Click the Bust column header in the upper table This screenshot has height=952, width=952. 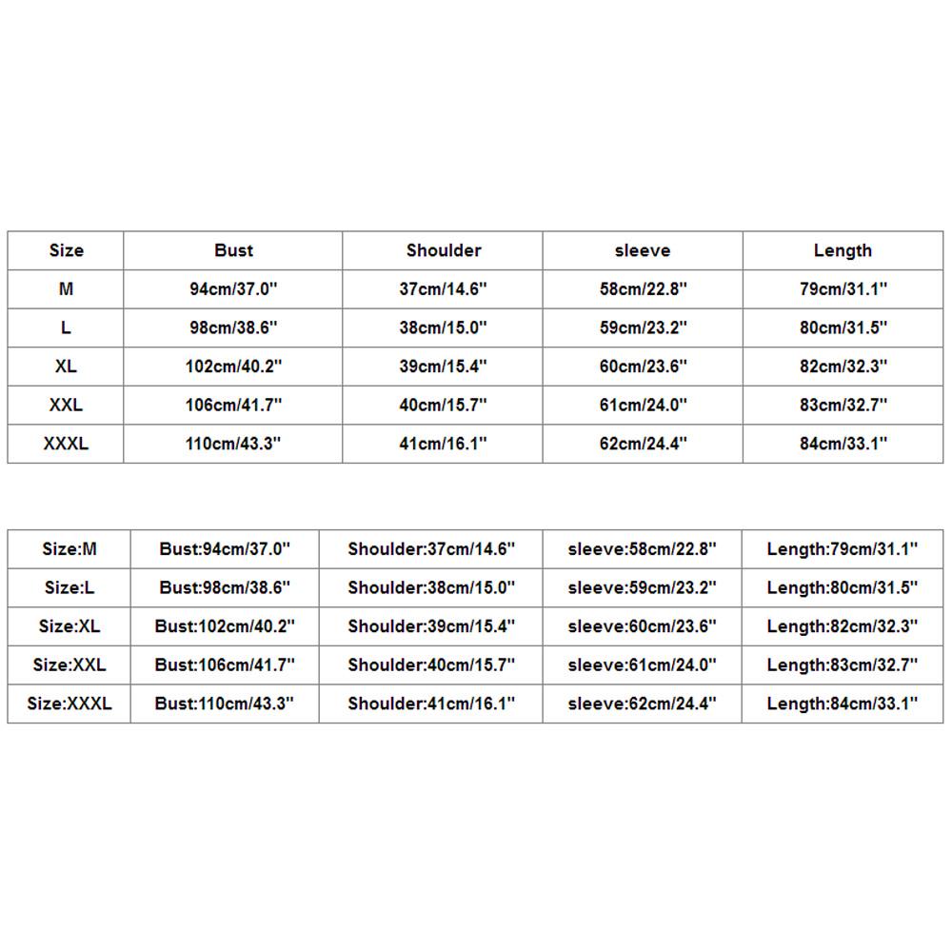click(233, 250)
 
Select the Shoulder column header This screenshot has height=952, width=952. click(444, 250)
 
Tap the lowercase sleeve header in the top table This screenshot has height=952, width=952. click(643, 250)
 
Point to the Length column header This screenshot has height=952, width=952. click(843, 250)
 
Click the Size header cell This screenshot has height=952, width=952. click(66, 250)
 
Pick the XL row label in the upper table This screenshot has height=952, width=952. click(66, 367)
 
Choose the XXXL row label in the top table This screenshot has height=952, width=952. click(66, 444)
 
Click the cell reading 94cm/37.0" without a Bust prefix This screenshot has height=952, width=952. click(233, 289)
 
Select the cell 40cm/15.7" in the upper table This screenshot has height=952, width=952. click(444, 406)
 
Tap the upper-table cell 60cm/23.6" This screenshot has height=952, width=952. click(643, 367)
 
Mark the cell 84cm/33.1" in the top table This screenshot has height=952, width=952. click(843, 444)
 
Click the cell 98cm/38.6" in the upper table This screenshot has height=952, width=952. click(233, 327)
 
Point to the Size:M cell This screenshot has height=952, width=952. click(69, 549)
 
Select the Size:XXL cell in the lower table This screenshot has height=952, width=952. click(69, 665)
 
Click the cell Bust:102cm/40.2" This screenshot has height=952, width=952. click(225, 626)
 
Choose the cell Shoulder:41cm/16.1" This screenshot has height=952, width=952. click(431, 704)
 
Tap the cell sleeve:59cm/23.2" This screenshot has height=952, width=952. click(643, 588)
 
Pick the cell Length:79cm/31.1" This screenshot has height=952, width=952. click(843, 549)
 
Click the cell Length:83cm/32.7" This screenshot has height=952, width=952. click(843, 665)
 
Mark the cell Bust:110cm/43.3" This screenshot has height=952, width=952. click(225, 704)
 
